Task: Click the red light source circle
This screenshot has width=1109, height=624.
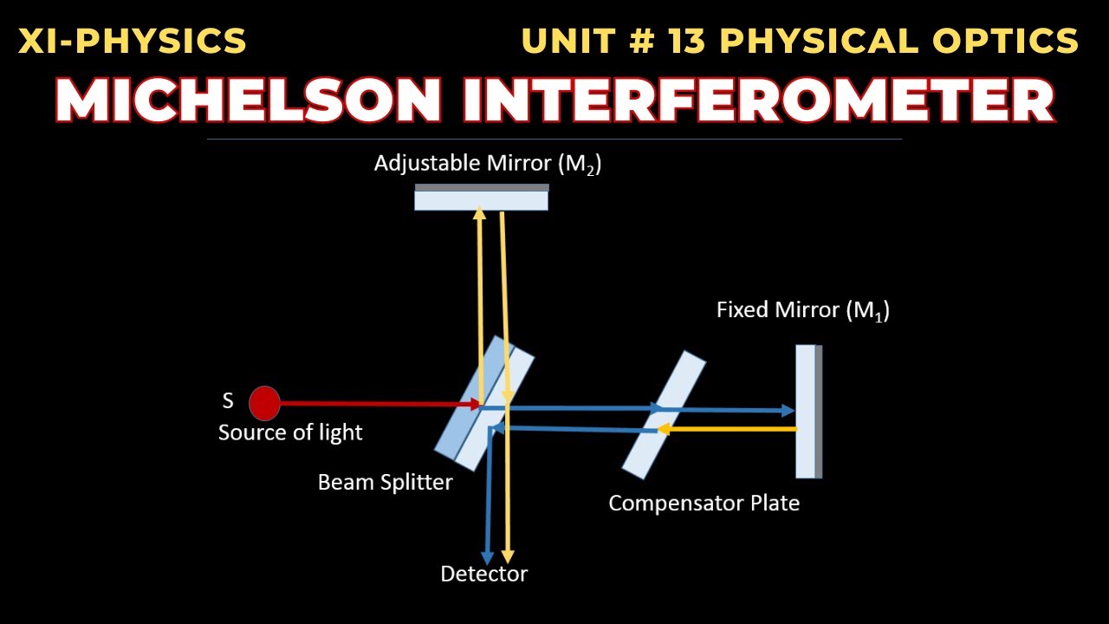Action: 264,403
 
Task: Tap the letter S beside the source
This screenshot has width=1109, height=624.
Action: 228,402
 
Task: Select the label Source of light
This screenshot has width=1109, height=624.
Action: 290,432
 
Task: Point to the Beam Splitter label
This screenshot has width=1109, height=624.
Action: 385,482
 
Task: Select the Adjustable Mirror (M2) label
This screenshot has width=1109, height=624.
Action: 487,164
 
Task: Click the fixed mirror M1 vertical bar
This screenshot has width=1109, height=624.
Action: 808,412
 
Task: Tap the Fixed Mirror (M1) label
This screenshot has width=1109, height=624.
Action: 802,310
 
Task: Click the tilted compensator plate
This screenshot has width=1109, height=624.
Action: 665,414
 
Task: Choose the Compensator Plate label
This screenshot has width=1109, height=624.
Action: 704,503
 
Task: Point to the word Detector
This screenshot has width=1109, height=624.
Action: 483,574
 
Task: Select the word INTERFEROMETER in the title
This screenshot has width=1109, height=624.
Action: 758,101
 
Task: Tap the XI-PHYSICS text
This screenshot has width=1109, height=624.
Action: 133,41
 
